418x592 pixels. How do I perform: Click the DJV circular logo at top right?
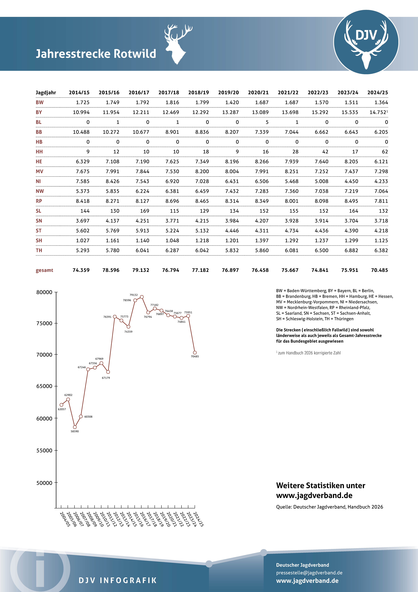[366, 42]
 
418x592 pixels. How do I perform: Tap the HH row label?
[39, 152]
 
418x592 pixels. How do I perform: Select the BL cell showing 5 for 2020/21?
[267, 122]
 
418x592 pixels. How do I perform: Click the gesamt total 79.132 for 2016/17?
[141, 270]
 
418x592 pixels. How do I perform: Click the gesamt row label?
[44, 270]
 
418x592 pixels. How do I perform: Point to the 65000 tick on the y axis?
[44, 386]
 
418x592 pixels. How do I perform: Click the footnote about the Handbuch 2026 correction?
[309, 353]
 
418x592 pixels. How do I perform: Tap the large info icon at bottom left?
[40, 569]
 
